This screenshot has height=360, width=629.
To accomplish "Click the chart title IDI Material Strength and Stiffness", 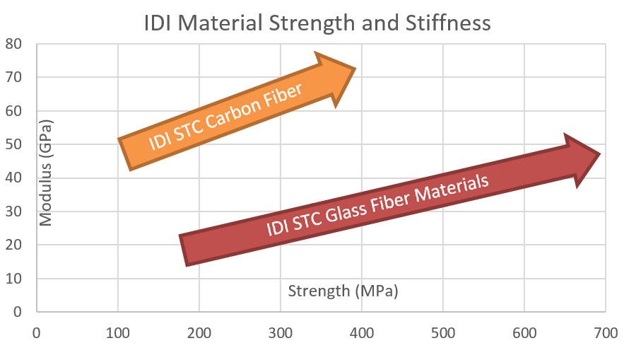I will (317, 23).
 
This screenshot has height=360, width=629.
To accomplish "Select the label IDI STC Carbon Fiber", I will (225, 116).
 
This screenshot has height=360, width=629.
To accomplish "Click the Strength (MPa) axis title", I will (343, 291).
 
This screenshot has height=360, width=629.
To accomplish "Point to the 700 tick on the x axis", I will (605, 330).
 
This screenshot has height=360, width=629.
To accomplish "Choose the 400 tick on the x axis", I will (361, 330).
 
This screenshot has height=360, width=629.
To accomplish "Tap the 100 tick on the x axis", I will (117, 330).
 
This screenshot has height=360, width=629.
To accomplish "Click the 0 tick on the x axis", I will (36, 330).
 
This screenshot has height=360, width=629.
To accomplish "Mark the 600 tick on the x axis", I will (524, 330).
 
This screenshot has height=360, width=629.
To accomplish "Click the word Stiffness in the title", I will (448, 23).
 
